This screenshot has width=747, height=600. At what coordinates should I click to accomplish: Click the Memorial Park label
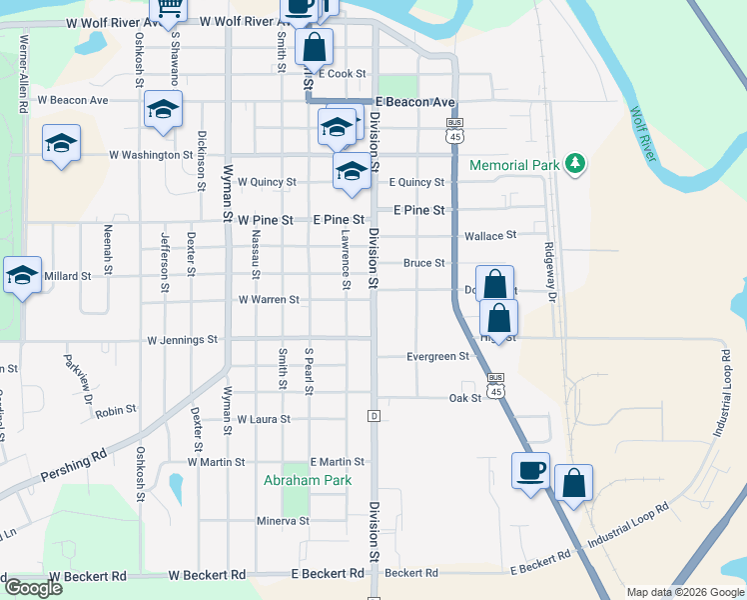point(512,164)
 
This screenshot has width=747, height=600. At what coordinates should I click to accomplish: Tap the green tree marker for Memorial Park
point(574,163)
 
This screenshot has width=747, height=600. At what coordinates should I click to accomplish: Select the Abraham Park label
point(308,480)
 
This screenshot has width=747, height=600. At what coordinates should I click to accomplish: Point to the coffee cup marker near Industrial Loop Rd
point(530,469)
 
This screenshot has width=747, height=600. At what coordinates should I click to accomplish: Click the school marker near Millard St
point(22,275)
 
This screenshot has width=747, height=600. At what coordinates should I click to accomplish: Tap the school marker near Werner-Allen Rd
point(61,142)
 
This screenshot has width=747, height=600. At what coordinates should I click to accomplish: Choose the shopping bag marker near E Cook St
point(314,46)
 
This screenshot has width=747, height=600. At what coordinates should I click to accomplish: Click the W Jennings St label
point(182,340)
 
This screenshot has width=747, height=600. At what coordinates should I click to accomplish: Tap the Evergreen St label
point(437,356)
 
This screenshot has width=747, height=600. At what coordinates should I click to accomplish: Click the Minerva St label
point(284,521)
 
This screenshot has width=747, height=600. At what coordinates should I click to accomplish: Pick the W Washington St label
point(151,155)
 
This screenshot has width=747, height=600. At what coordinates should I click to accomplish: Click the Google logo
point(33,588)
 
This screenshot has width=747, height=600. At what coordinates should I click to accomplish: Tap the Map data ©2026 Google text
point(685,592)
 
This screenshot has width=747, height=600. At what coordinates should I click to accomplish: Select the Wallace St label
point(490,236)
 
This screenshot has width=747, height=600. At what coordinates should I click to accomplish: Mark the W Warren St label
point(269,300)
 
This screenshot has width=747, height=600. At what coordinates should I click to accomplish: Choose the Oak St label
point(465,397)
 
